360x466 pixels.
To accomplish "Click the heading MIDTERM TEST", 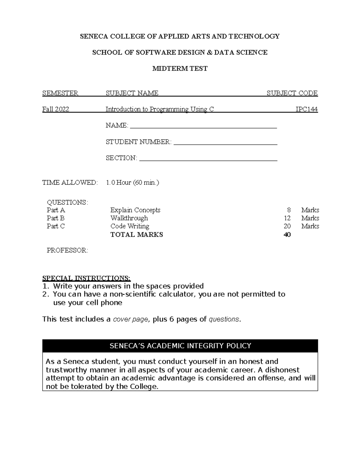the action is tap(180, 68).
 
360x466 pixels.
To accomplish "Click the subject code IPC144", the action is tap(306, 109).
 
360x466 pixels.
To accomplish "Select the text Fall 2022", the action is tap(56, 109).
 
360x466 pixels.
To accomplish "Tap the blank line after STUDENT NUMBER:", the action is tap(225, 143).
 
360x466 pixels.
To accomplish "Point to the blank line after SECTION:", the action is tap(208, 159).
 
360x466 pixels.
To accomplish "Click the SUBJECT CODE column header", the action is tap(292, 93).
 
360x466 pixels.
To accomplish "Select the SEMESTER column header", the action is tap(60, 93).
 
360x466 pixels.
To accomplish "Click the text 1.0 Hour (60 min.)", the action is tap(132, 182).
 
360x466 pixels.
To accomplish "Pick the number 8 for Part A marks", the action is tap(289, 210).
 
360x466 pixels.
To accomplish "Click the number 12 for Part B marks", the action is tap(287, 218).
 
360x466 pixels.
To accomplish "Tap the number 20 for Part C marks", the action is tap(287, 226).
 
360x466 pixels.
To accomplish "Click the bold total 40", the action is tap(287, 235).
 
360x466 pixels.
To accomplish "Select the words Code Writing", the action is tap(130, 226).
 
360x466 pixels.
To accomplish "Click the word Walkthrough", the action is tap(129, 218).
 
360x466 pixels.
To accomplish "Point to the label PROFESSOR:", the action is tap(67, 250).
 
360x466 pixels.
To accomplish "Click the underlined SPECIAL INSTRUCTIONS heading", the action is tap(86, 278).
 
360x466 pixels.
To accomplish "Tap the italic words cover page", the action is tap(130, 319).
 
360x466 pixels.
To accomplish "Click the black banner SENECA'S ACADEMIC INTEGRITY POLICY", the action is tap(180, 346).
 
